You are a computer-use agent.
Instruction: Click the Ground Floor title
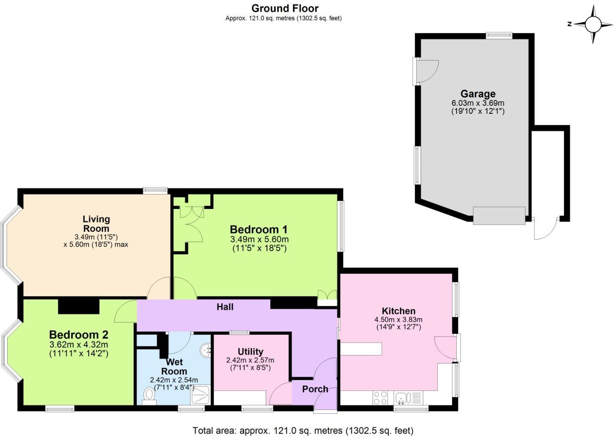(x=285, y=8)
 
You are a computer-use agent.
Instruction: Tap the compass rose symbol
(x=592, y=24)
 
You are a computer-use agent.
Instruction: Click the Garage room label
(x=478, y=94)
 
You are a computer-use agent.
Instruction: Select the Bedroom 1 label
(x=259, y=230)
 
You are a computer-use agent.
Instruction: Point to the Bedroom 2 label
(x=79, y=335)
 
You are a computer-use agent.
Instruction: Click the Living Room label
(x=96, y=224)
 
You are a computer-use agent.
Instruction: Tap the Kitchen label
(x=398, y=311)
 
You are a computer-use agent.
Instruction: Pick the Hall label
(x=225, y=307)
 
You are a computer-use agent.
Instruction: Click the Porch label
(x=315, y=389)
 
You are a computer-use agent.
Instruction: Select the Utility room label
(x=250, y=352)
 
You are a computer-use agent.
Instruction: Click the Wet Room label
(x=174, y=367)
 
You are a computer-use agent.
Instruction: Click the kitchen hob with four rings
(x=380, y=398)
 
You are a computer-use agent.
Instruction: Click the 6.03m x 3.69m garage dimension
(x=478, y=103)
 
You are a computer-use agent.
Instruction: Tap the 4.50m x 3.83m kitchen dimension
(x=398, y=320)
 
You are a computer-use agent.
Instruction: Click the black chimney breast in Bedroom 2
(x=79, y=306)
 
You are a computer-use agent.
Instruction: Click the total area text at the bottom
(x=303, y=431)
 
